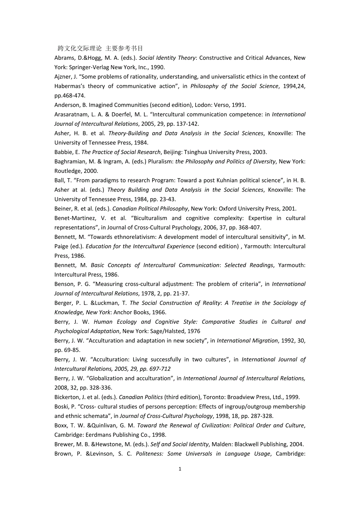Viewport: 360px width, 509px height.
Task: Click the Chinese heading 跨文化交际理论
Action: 79,48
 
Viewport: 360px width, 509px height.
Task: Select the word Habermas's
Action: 68,86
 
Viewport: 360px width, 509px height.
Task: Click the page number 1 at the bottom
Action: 180,469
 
